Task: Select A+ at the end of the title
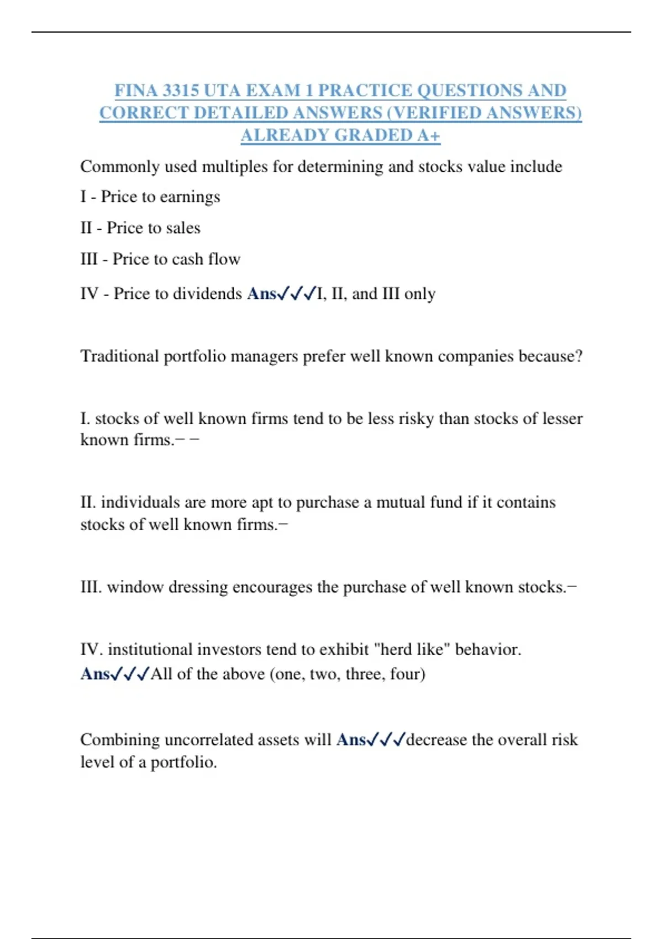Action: (429, 135)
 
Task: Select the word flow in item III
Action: (224, 259)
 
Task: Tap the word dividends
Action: (207, 293)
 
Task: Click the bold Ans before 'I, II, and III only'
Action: (261, 293)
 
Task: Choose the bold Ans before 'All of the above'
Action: (95, 674)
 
